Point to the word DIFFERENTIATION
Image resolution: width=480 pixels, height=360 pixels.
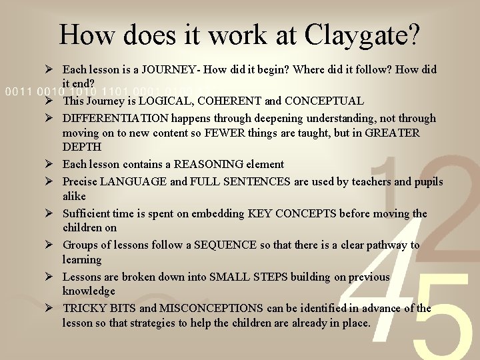(115, 118)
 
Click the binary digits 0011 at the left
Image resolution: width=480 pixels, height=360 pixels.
(16, 91)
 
